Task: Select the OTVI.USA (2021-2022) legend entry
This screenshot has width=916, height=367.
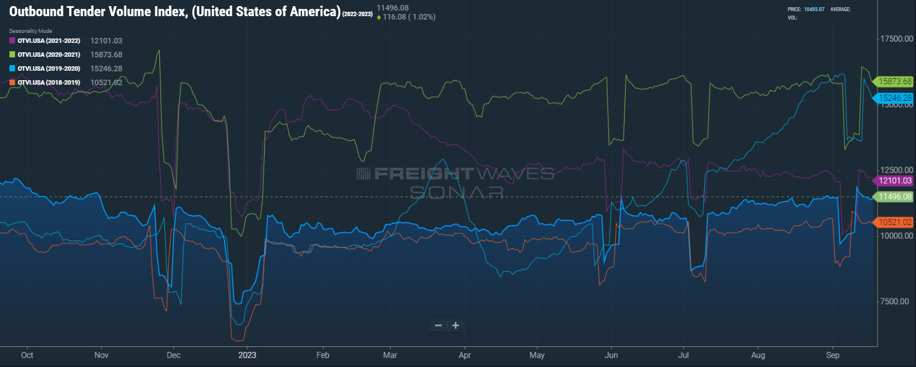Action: point(48,41)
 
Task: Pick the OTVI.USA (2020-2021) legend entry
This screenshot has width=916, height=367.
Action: point(48,55)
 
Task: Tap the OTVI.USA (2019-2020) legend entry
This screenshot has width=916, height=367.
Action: point(48,68)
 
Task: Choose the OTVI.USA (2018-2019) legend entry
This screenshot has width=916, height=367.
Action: point(48,82)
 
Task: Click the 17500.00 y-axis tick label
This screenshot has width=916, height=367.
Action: point(896,39)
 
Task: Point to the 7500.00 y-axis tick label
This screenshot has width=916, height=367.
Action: point(894,301)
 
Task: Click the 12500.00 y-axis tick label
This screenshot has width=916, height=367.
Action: point(896,170)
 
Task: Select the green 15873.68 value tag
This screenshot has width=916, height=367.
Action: point(895,81)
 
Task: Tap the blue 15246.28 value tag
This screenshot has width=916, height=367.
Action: point(895,98)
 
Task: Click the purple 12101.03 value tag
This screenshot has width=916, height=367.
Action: point(895,180)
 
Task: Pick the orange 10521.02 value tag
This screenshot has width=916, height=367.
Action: point(895,222)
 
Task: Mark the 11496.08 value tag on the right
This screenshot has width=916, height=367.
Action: point(895,197)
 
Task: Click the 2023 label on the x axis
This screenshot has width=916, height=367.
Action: point(247,355)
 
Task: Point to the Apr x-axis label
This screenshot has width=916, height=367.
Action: point(465,355)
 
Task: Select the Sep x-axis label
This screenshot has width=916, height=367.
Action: point(832,355)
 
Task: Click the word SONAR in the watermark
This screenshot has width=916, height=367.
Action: point(457,193)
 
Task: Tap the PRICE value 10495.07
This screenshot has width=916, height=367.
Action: point(813,9)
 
